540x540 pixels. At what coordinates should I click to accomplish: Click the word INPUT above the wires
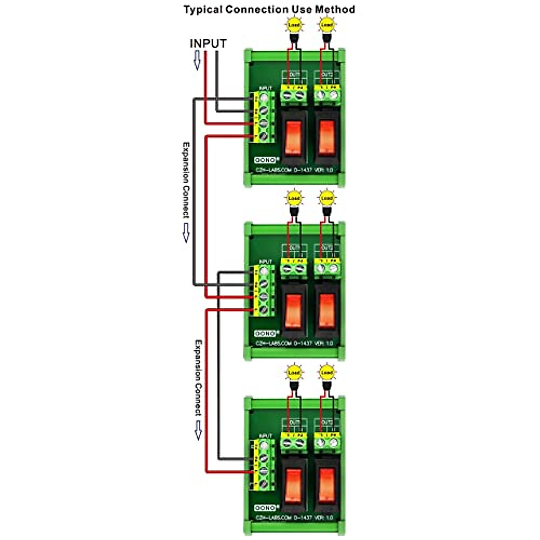tap(208, 44)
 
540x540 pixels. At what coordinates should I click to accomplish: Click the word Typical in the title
tap(203, 9)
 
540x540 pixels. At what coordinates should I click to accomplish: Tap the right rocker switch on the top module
tap(327, 137)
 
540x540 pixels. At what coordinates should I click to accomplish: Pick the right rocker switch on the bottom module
tap(327, 486)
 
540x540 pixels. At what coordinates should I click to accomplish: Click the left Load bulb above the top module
tap(294, 25)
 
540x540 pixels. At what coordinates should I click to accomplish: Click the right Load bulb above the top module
tap(327, 25)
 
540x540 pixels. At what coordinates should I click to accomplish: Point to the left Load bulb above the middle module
tap(294, 198)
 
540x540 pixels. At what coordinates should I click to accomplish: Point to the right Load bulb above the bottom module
tap(327, 373)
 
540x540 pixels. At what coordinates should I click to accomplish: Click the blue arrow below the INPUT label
tap(197, 60)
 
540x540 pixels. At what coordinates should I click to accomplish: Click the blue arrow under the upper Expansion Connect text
tap(185, 233)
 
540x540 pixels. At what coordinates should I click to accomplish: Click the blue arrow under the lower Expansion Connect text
tap(198, 430)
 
